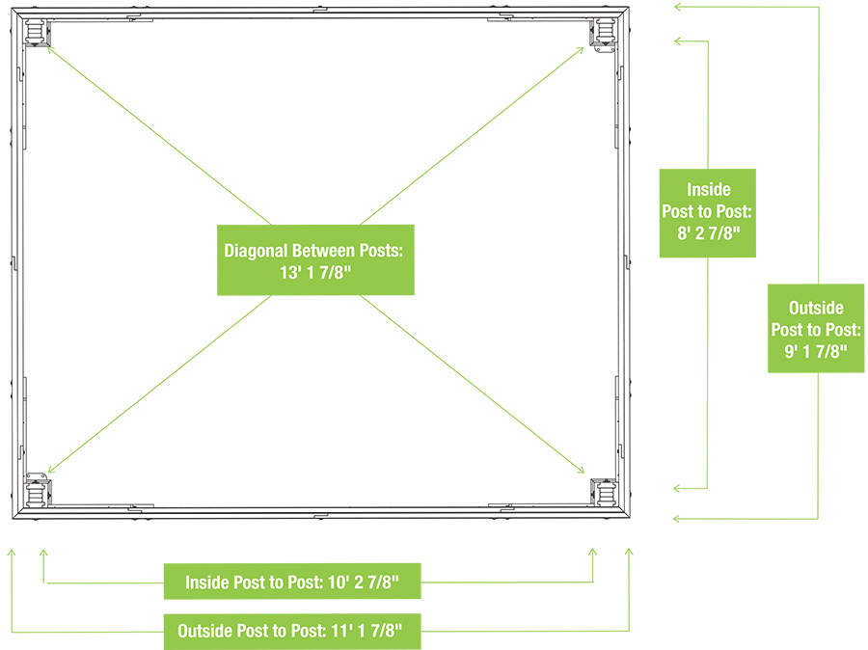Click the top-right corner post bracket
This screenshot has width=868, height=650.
(x=606, y=32)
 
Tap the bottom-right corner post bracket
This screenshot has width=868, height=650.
(x=606, y=493)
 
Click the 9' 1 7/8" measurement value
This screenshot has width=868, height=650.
(x=816, y=351)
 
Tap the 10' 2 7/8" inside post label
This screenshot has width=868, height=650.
(x=293, y=582)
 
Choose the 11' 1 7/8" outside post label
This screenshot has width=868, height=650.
(x=289, y=633)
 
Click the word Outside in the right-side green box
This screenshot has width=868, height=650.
(x=816, y=309)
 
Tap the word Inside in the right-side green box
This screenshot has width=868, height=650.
(x=708, y=189)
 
